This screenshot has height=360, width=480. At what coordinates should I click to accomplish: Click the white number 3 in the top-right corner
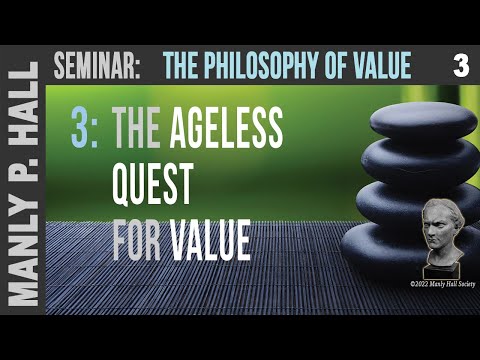[460, 67]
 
